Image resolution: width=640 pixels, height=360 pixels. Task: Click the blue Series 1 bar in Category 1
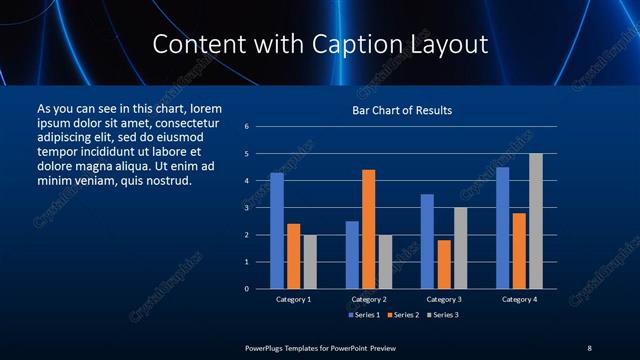click(x=277, y=231)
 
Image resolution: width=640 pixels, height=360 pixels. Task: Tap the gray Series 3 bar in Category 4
click(x=536, y=221)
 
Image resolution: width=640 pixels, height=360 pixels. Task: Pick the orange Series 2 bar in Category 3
click(x=444, y=264)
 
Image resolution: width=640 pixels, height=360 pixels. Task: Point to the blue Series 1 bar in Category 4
click(x=502, y=228)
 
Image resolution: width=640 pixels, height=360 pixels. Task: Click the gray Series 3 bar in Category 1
click(x=310, y=262)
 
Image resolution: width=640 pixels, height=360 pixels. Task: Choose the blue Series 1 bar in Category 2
click(x=352, y=255)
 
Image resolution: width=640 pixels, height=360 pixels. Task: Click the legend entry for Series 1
click(x=363, y=315)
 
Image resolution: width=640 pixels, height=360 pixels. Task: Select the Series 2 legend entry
click(x=403, y=315)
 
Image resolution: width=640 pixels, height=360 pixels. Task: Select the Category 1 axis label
click(x=294, y=299)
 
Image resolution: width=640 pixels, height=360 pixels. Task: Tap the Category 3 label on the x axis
click(x=444, y=299)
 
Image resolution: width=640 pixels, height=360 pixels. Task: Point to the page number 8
click(x=589, y=347)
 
